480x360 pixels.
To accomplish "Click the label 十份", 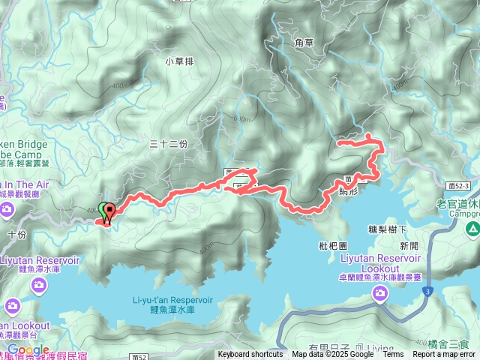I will click(x=16, y=234).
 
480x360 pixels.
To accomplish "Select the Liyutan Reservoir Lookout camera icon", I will click(x=380, y=294).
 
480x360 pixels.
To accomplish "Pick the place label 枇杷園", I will click(x=334, y=245).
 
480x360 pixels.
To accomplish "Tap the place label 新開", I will click(x=409, y=245).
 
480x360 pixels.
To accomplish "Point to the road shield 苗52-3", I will click(x=457, y=185).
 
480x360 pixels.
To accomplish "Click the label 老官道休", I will click(x=457, y=202).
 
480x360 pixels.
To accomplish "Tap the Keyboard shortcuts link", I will click(x=250, y=355).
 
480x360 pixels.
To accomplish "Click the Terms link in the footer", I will click(x=393, y=355).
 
